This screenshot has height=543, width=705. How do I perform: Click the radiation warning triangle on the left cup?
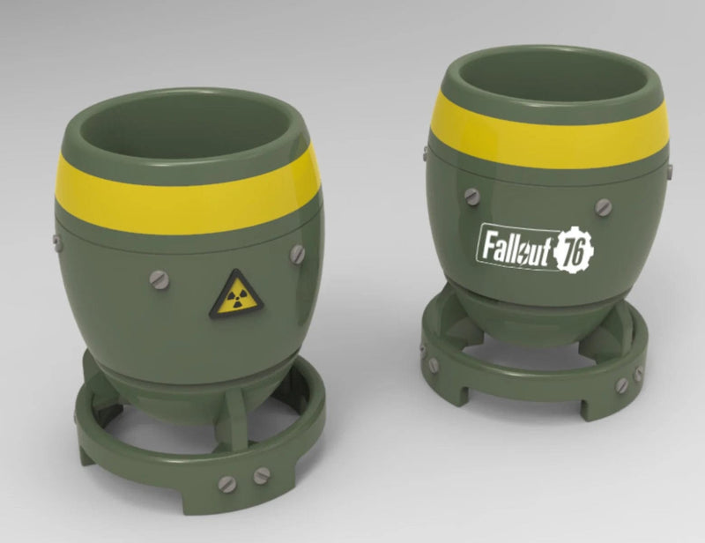tap(235, 295)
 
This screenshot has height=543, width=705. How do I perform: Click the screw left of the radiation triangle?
tap(158, 280)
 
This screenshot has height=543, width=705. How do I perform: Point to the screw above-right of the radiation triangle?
tap(297, 254)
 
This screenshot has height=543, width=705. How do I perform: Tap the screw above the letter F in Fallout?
tap(473, 197)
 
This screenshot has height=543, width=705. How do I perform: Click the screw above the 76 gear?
tap(603, 206)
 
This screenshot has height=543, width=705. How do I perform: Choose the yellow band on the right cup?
tap(546, 132)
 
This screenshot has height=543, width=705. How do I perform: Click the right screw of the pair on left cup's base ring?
tap(261, 476)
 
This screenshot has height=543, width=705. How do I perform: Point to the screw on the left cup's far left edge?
tap(56, 240)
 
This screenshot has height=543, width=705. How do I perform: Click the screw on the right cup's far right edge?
tap(670, 169)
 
